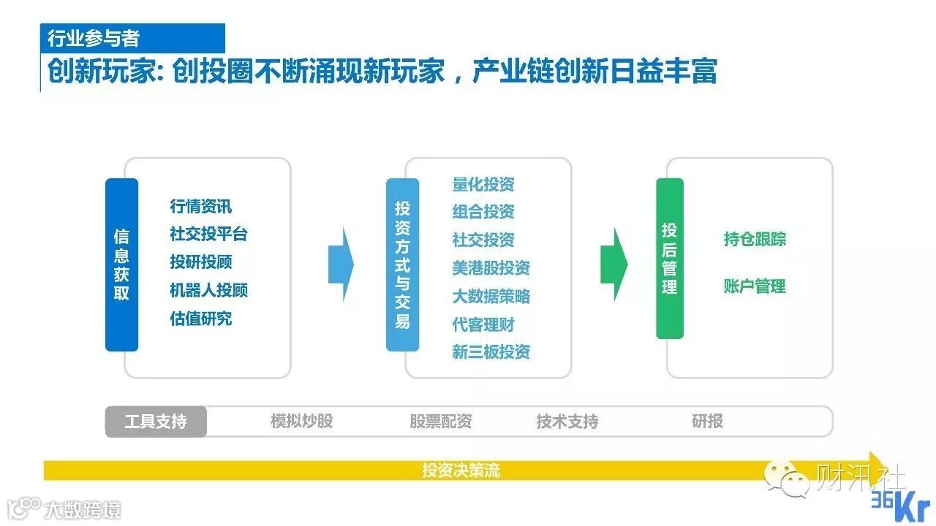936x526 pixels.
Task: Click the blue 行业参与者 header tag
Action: [132, 38]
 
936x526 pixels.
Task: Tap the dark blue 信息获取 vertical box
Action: [121, 264]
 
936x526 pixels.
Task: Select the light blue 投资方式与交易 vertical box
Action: [402, 264]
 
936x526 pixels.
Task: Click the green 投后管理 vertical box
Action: [669, 258]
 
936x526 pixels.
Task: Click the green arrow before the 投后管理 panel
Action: [614, 264]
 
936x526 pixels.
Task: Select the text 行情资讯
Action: [201, 207]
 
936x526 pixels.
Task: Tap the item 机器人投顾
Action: [209, 290]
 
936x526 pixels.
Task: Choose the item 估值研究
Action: [201, 319]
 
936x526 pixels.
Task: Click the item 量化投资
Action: [483, 184]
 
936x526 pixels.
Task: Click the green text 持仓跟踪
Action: [755, 240]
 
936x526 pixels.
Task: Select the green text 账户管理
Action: [755, 286]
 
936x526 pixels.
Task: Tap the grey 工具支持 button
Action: [156, 422]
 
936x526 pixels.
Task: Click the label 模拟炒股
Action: [301, 422]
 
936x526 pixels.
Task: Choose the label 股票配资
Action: [440, 422]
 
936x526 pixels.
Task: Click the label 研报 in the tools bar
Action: [707, 422]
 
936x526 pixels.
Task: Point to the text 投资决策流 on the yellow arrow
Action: [461, 470]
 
